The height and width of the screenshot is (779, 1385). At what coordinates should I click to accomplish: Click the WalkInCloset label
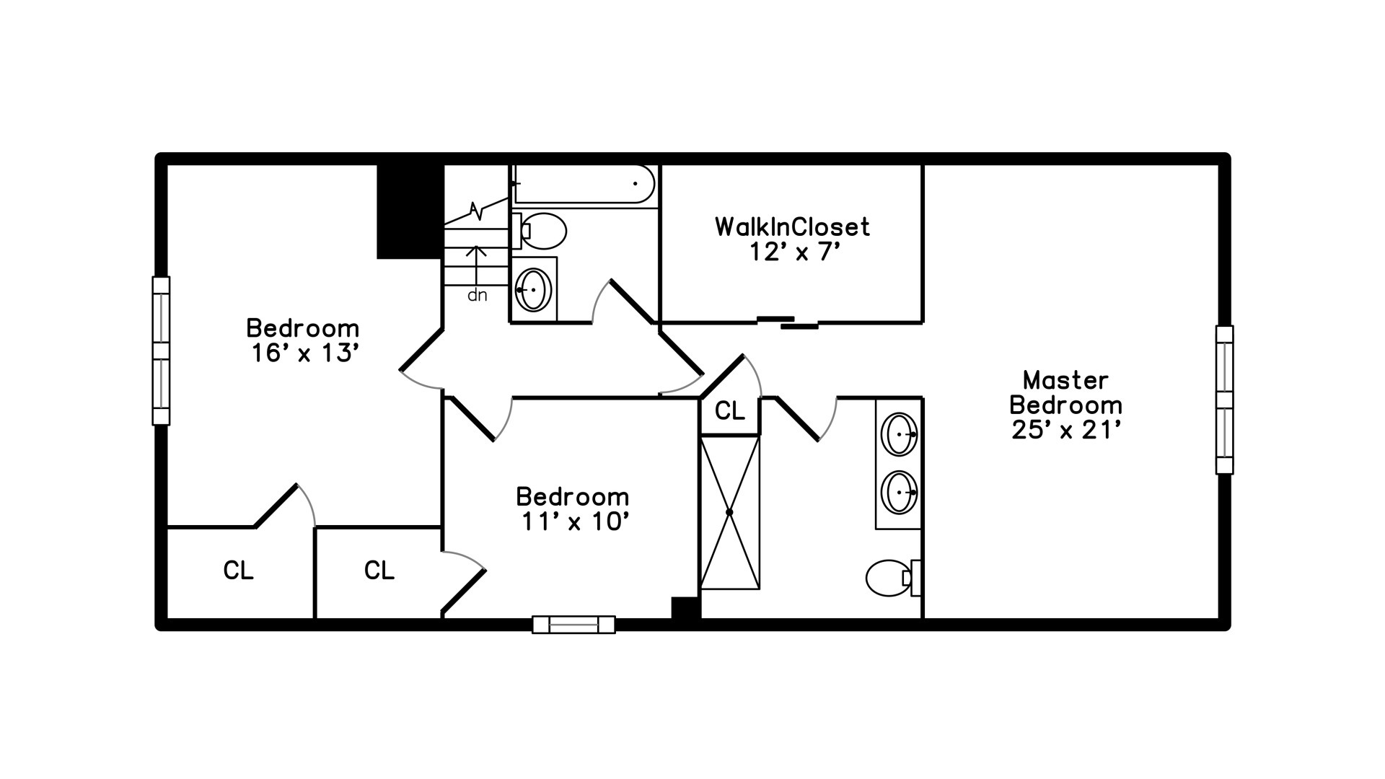coord(792,227)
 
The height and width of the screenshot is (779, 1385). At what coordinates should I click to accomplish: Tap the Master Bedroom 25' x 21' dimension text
coord(1065,430)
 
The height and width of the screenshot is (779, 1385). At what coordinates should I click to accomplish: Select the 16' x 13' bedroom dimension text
coord(304,353)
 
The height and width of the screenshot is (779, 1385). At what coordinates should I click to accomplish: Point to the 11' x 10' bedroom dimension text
coord(572,521)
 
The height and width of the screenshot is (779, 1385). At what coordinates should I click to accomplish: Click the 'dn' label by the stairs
coord(478,295)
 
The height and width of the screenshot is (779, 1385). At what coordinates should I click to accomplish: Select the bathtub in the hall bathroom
coord(584,184)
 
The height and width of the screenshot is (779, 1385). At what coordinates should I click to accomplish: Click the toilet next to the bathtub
coord(539,231)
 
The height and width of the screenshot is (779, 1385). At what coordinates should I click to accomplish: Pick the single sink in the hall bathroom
coord(534,289)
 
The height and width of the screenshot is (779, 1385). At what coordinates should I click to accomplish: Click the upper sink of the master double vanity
coord(900,434)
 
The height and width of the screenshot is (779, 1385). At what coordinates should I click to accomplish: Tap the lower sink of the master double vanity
coord(900,492)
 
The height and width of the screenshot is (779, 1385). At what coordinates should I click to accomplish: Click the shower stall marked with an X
coord(729,512)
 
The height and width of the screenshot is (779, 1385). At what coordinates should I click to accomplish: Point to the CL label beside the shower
coord(729,411)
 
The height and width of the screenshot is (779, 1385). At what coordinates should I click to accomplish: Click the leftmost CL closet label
coord(238,571)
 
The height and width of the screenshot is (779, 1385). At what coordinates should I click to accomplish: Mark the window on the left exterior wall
coord(161,351)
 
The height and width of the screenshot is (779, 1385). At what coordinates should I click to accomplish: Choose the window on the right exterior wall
coord(1224,400)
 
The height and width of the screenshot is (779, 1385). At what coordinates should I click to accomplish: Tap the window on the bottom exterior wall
coord(573,625)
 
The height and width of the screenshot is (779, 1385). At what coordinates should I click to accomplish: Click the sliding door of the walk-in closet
coord(788,322)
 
